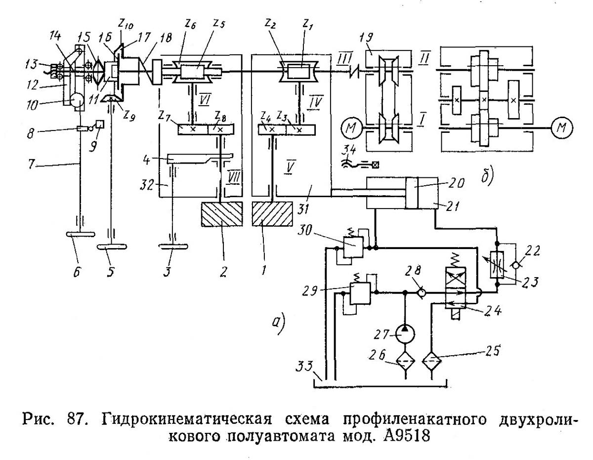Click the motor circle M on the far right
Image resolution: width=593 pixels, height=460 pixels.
point(561,127)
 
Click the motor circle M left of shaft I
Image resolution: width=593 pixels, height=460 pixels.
point(352,127)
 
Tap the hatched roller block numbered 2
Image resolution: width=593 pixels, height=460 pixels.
point(222,214)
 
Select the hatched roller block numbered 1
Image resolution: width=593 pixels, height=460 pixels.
point(272,214)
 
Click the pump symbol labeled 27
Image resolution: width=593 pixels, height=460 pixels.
point(405,334)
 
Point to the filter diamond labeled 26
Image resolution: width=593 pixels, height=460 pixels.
point(405,361)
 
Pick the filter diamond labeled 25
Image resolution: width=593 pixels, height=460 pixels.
point(431,361)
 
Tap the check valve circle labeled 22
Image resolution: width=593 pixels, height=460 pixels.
point(515,265)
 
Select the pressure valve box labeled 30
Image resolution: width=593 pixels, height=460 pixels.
point(353,247)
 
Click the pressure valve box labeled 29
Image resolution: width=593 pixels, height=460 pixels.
point(360,293)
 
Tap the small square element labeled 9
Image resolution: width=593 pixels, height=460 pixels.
point(100,125)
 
